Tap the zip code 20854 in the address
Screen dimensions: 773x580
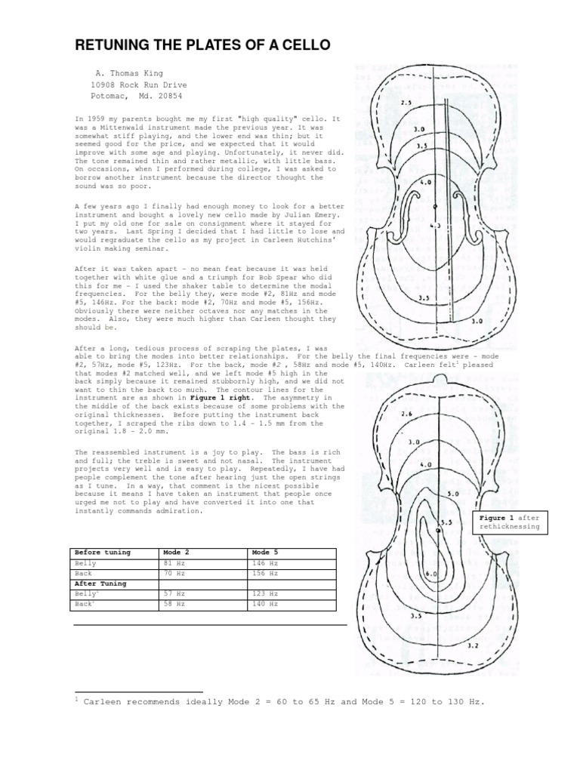coord(168,97)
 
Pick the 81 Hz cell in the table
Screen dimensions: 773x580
coord(174,564)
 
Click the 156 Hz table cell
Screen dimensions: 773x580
coord(264,574)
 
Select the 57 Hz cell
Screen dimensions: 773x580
coord(174,594)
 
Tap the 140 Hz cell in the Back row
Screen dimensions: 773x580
coord(264,604)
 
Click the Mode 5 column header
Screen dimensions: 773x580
coord(265,553)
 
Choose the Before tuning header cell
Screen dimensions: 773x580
coord(99,553)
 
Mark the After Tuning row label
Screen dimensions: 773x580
coord(100,584)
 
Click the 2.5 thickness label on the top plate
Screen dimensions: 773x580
coord(406,102)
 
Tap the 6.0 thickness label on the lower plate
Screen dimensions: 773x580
coord(433,574)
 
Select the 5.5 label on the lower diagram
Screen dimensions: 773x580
coord(446,522)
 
